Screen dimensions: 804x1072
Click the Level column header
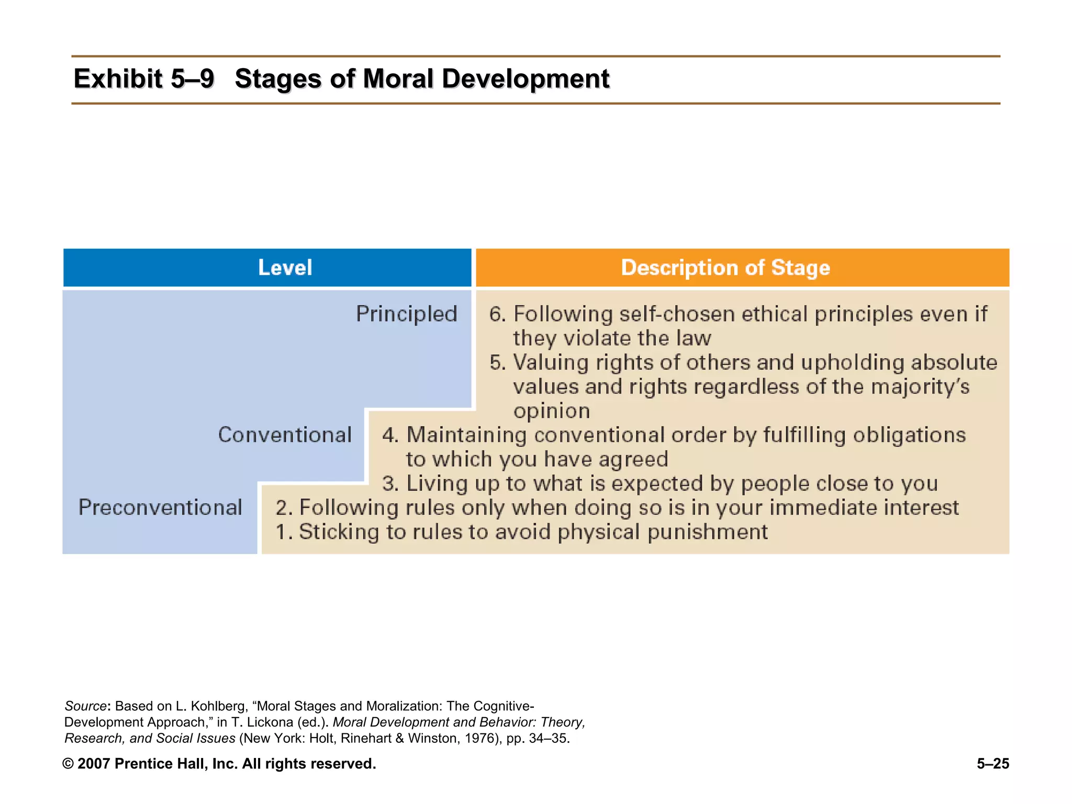[x=285, y=267]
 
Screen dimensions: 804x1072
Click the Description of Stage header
[x=725, y=267]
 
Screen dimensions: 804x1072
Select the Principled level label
[x=406, y=314]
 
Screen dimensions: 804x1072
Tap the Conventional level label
[x=285, y=435]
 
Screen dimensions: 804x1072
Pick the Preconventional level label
[x=160, y=507]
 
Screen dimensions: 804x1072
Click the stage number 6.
[x=497, y=315]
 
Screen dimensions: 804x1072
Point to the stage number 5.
[x=497, y=363]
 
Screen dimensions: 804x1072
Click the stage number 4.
[x=389, y=435]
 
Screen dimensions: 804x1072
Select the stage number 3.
[x=389, y=484]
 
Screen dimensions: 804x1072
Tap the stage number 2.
[x=282, y=508]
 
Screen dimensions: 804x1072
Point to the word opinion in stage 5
[x=551, y=411]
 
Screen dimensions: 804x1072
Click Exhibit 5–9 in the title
[x=144, y=79]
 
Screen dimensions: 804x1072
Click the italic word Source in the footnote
[x=85, y=706]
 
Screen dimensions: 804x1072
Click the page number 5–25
[x=992, y=764]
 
